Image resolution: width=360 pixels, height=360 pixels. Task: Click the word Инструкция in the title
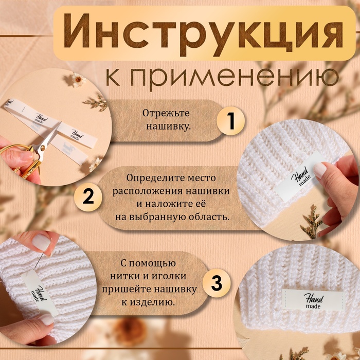[x=204, y=34]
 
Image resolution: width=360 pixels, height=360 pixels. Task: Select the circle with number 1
[x=230, y=120]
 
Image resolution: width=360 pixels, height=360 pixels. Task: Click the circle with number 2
[x=88, y=197]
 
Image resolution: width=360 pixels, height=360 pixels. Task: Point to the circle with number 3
[x=217, y=283]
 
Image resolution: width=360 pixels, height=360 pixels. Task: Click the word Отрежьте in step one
[x=166, y=114]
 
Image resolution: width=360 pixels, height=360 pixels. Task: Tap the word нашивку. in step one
[x=169, y=127]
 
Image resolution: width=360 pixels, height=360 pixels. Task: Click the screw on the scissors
[x=43, y=148]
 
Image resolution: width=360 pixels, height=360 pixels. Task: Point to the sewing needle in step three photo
[x=39, y=261]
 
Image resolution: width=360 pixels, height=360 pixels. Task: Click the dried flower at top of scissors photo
[x=77, y=79]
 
